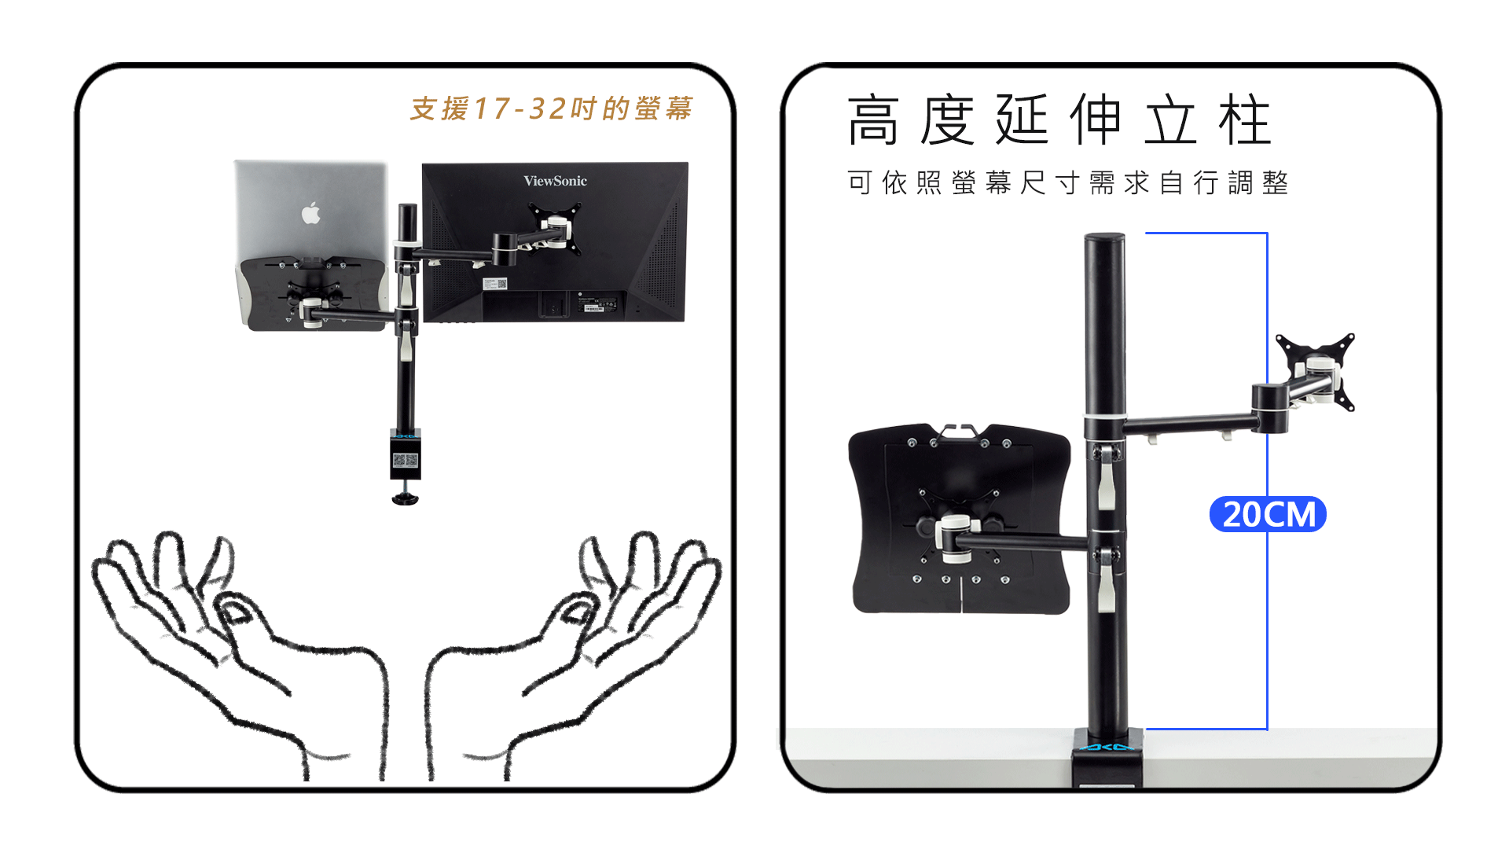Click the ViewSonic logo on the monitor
(555, 181)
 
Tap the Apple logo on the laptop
(311, 212)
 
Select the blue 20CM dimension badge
(1268, 514)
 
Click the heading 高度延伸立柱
(1059, 119)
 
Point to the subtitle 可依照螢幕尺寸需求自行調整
(1067, 182)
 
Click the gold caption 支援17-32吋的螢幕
(551, 108)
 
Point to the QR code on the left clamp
(405, 459)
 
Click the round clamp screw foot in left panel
(406, 498)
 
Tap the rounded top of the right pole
(1105, 238)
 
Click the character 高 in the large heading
(873, 119)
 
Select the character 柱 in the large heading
(1245, 119)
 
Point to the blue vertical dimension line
(1267, 481)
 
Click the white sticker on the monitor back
(495, 284)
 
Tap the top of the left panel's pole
(408, 208)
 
